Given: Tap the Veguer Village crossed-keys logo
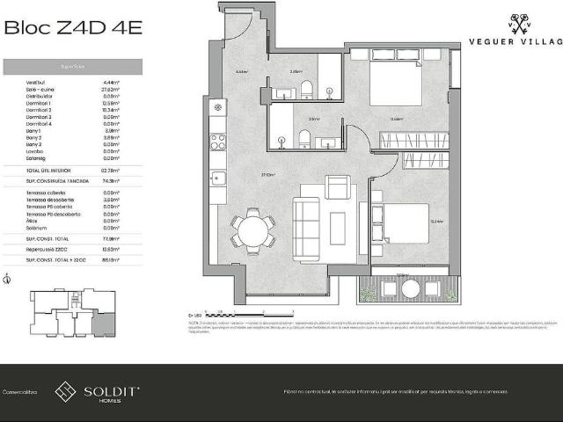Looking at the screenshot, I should point(522,24).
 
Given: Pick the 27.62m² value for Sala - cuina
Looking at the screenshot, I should point(110,89).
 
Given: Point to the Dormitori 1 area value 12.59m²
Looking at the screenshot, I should point(110,103).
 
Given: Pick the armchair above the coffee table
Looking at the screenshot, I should point(337,186).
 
